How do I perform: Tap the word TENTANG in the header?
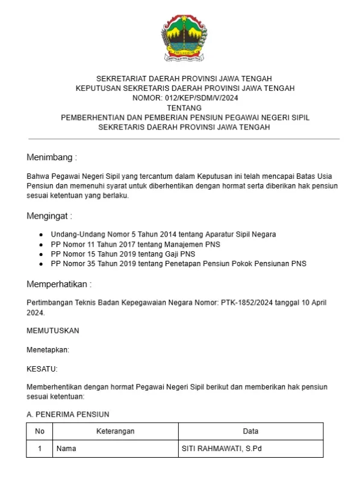click(x=185, y=107)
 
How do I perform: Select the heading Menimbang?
click(x=52, y=157)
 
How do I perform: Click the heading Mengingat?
click(x=49, y=216)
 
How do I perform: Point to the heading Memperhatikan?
click(x=60, y=284)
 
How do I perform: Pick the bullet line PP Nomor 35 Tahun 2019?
click(x=178, y=263)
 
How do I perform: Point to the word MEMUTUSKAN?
click(x=53, y=331)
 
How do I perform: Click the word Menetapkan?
click(x=48, y=350)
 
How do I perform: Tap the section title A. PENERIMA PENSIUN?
click(x=68, y=414)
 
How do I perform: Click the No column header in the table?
click(x=40, y=431)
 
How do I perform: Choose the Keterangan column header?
click(x=115, y=431)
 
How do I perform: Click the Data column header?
click(x=250, y=431)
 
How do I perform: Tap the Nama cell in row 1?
click(x=66, y=449)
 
